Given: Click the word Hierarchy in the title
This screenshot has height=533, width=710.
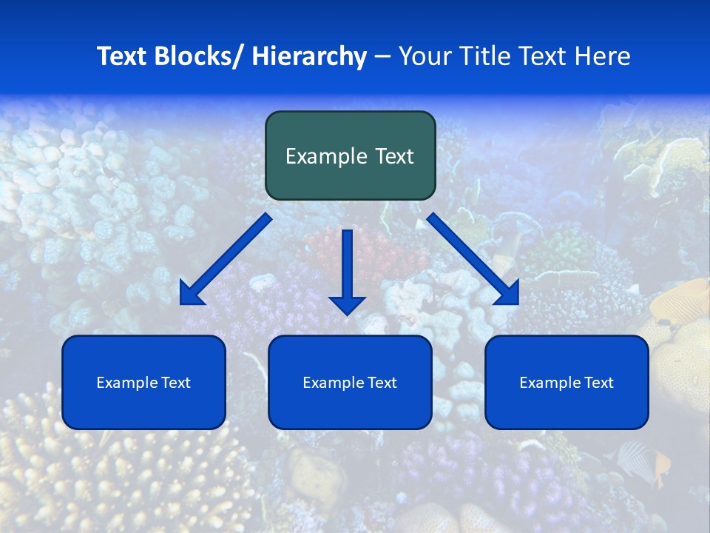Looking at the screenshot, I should pyautogui.click(x=309, y=57).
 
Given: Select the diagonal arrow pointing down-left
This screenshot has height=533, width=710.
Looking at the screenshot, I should pyautogui.click(x=226, y=259).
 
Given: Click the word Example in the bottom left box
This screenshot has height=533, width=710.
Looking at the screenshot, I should pyautogui.click(x=126, y=383).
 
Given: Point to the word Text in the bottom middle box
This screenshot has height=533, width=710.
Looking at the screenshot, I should pyautogui.click(x=382, y=383).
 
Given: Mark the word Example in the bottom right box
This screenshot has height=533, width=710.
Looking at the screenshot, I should pyautogui.click(x=550, y=383).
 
